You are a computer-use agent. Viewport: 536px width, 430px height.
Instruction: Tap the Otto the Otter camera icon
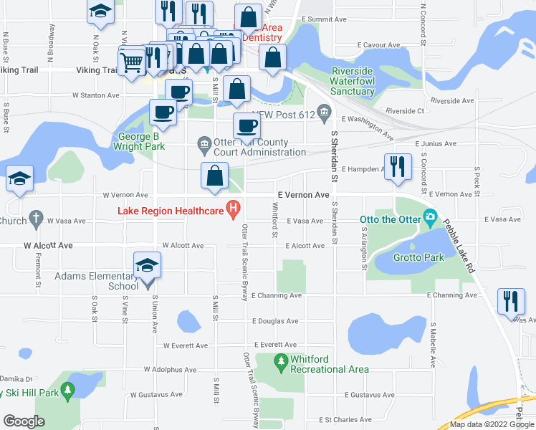[430, 216]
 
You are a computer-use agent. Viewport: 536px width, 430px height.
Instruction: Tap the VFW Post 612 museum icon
[324, 111]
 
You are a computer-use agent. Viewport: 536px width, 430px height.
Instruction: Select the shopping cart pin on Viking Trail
[132, 62]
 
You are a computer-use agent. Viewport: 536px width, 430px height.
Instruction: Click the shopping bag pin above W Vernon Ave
[214, 178]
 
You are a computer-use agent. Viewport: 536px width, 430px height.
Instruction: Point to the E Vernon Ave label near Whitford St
[303, 195]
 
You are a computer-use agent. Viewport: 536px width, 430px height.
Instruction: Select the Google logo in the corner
[24, 421]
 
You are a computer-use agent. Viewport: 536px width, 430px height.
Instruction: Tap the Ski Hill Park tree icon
[68, 390]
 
